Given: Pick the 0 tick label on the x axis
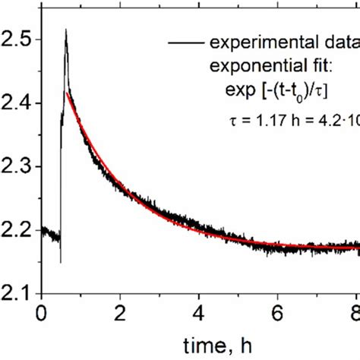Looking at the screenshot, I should [41, 312].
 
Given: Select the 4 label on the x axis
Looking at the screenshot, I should [199, 312].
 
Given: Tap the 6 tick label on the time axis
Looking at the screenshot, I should [278, 312].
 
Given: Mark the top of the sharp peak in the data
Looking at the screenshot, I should [66, 30].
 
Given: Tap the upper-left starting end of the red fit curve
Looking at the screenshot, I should [69, 93].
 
